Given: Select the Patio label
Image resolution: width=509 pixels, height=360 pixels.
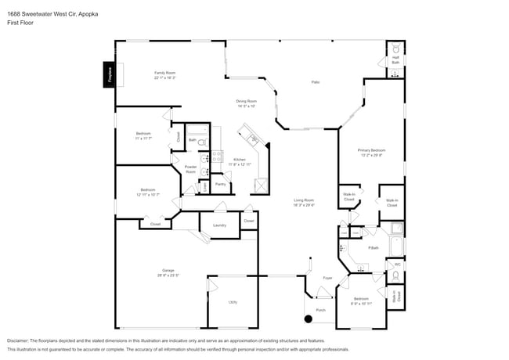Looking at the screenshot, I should [316, 82].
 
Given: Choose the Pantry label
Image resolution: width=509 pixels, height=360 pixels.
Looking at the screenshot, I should [220, 184].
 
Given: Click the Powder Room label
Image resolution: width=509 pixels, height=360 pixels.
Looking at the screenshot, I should [190, 169].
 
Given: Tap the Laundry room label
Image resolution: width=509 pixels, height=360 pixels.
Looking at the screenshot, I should [219, 225].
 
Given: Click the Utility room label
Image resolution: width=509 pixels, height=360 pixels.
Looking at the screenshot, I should [233, 301].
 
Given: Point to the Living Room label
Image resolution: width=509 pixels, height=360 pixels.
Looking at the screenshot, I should [304, 203].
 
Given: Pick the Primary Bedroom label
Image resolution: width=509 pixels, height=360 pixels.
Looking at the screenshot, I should [372, 152].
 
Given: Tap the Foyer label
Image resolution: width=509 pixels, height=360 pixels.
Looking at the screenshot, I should [327, 278].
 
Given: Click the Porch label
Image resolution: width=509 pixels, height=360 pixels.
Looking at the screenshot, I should [320, 309].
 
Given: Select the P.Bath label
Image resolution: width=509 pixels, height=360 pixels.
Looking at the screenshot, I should [374, 248].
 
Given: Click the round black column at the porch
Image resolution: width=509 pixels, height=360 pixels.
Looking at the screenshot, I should [308, 319].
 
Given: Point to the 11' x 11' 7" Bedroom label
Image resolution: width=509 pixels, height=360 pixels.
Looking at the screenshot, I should [143, 135].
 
